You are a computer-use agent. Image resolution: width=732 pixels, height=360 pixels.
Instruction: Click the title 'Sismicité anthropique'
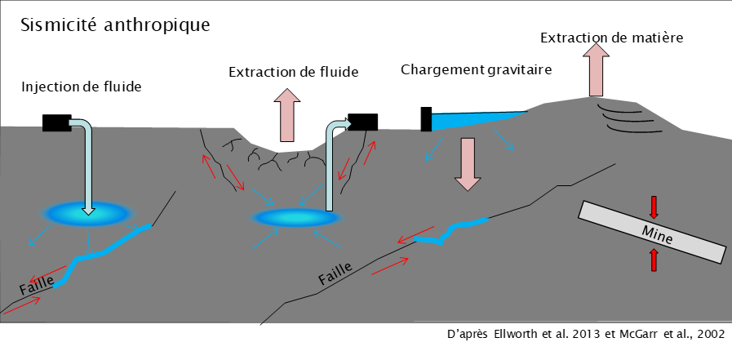click(x=115, y=24)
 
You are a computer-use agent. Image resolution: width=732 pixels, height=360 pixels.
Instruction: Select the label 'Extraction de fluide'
click(x=293, y=73)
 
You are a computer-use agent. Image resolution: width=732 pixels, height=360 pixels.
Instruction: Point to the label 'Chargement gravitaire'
click(x=477, y=69)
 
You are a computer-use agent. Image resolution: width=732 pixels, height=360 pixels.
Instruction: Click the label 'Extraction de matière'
click(x=611, y=38)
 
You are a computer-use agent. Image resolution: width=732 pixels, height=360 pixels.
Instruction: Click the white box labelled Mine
click(x=652, y=232)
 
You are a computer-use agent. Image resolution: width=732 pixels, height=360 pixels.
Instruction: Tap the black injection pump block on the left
click(x=57, y=122)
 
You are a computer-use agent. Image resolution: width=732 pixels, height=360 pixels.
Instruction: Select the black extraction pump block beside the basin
click(x=362, y=122)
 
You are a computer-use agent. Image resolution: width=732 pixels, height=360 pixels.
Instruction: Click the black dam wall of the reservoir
click(x=425, y=119)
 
